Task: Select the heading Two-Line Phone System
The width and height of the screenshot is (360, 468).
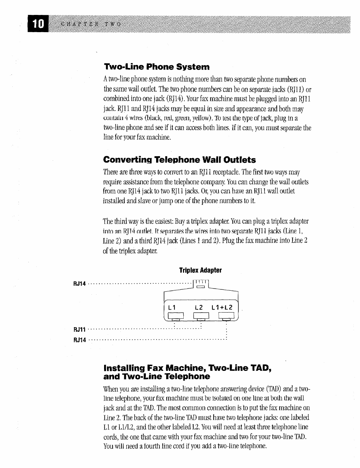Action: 156,67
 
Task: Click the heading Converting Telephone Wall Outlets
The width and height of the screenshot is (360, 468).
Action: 180,160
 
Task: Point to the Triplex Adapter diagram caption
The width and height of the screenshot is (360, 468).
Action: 200,270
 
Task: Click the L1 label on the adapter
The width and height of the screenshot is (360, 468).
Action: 172,307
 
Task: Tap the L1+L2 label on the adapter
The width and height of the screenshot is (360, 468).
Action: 223,307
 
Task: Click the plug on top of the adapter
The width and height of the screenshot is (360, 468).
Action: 201,285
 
